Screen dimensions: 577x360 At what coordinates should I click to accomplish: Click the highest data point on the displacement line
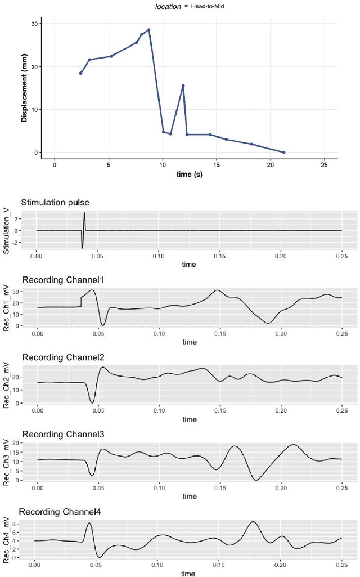click(149, 30)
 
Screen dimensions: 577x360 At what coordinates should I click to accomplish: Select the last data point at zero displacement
click(283, 152)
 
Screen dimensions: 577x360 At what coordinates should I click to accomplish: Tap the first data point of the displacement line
click(80, 73)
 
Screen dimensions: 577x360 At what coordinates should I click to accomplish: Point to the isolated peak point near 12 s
click(183, 86)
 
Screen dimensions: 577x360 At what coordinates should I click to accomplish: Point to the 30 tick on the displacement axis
click(35, 24)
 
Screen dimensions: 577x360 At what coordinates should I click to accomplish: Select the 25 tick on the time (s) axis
click(324, 166)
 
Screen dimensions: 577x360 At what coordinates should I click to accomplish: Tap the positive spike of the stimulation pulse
click(84, 213)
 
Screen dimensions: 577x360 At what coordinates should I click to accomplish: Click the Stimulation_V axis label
click(7, 231)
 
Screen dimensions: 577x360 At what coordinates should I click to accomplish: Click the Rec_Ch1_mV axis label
click(7, 307)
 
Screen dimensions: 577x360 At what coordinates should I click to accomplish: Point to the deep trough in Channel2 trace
click(92, 402)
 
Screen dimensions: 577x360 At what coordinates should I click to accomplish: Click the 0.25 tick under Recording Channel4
click(341, 564)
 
